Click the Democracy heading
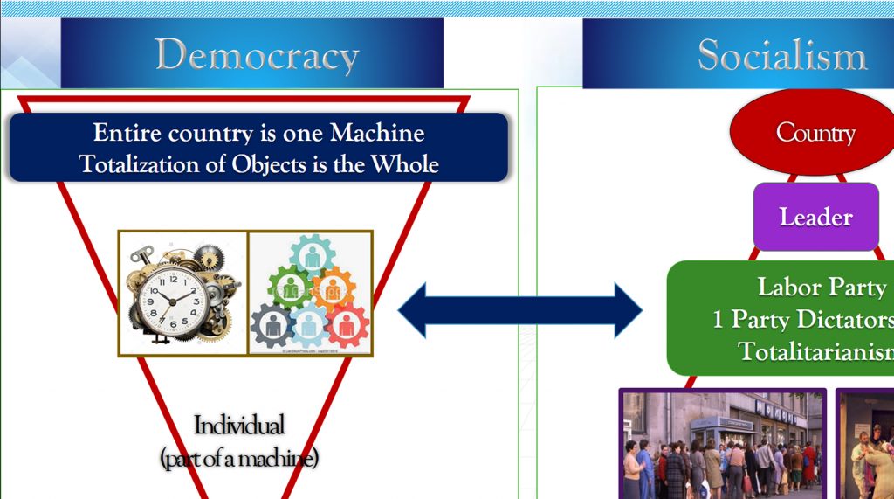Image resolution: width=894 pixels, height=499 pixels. (257, 55)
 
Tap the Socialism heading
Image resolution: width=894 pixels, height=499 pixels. (781, 55)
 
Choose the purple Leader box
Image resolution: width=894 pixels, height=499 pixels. (815, 217)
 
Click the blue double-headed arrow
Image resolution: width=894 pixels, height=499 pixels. (520, 310)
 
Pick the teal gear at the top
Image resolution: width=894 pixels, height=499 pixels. (311, 255)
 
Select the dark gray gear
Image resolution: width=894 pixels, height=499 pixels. (272, 325)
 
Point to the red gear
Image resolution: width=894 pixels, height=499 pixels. (347, 325)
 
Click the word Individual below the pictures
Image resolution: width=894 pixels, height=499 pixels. (239, 426)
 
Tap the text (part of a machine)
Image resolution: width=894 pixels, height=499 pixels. (239, 457)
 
